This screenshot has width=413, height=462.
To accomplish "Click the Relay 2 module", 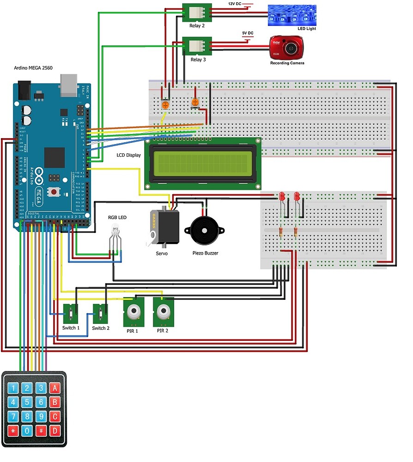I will coord(197,12).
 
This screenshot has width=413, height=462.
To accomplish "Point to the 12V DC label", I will coord(235,4).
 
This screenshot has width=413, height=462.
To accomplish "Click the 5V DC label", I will coord(248,33).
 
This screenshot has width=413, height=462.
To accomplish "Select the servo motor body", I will coord(165,227).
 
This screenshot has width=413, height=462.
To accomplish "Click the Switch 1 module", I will coord(71,314).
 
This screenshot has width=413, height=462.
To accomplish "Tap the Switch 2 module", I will coord(101,314).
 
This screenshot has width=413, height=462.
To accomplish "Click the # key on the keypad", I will coord(41,431).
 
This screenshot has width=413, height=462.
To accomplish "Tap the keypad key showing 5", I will coord(27,402).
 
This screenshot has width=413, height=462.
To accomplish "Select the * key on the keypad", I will coord(13,431).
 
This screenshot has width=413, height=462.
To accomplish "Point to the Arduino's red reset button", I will coord(55,191).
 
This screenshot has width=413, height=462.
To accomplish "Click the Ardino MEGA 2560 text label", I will coord(33,68).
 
